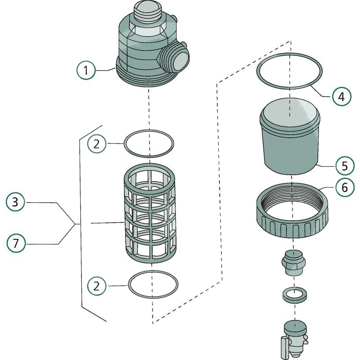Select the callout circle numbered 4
(342, 96)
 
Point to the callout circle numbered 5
(345, 165)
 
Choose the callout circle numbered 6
(345, 187)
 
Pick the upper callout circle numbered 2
(96, 144)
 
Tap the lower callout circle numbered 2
(96, 285)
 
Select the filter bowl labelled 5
(290, 144)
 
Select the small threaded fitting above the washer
(293, 263)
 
